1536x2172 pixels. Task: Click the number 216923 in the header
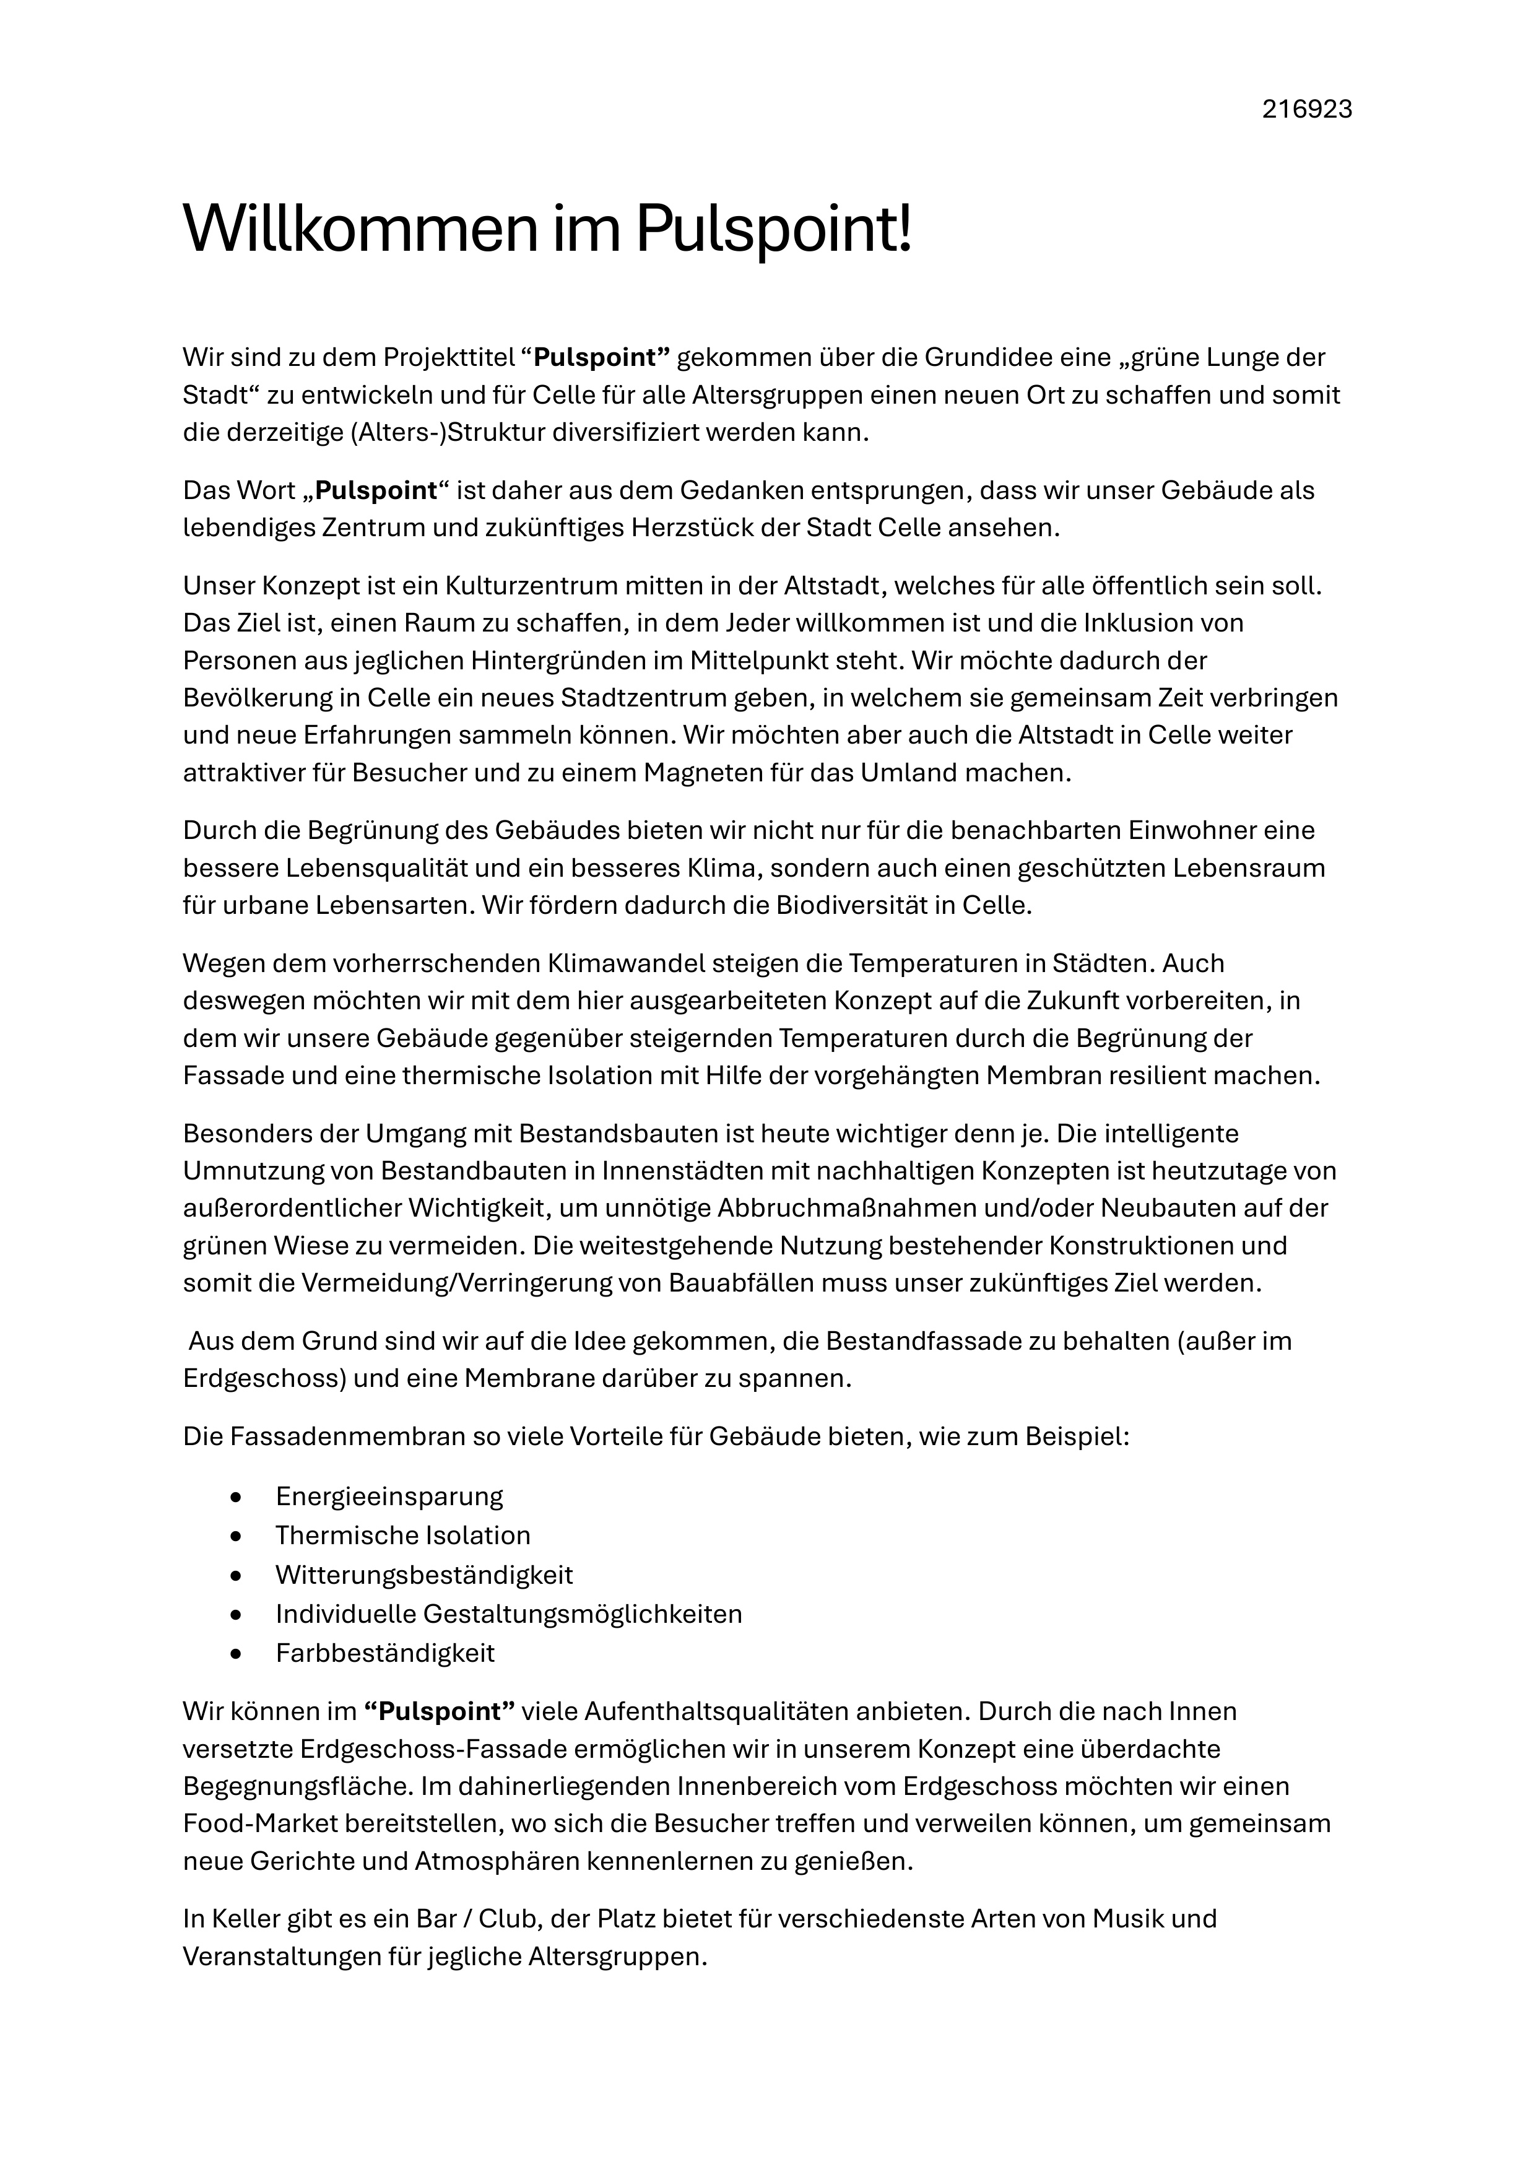(x=1306, y=110)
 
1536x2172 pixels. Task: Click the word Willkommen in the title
(x=360, y=229)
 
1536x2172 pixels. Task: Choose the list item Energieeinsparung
(x=389, y=1496)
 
